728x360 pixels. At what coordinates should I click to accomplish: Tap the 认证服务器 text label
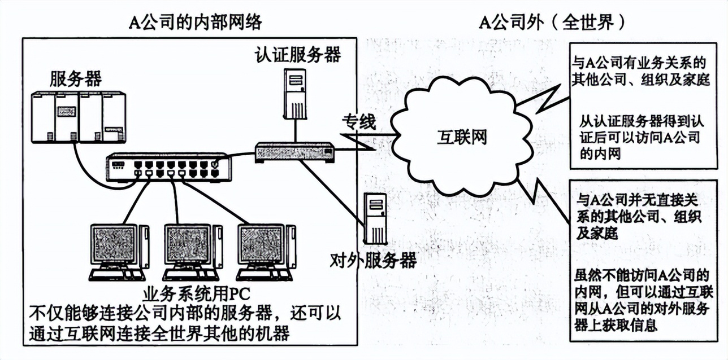pos(298,55)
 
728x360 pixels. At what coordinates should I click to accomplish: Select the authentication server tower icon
pos(295,93)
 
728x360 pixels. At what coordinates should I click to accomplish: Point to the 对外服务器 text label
pos(373,261)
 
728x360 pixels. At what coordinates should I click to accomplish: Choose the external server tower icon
pos(374,218)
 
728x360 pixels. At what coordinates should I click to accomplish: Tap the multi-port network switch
pos(168,167)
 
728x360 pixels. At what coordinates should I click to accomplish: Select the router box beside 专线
pos(294,151)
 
